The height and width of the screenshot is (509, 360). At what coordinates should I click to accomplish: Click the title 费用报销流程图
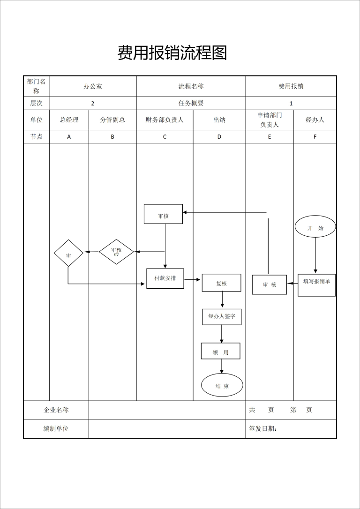172,53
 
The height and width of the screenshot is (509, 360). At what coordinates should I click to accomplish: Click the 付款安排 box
165,278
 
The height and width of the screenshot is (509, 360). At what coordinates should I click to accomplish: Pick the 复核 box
221,283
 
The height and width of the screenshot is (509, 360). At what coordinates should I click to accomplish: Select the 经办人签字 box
222,317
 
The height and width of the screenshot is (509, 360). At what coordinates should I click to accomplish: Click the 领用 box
220,351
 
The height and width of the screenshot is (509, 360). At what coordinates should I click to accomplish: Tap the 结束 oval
222,386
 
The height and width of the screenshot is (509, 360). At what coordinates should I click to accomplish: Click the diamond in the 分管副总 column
116,252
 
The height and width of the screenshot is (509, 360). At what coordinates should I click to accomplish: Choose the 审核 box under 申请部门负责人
269,284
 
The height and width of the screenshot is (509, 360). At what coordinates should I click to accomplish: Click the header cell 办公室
93,86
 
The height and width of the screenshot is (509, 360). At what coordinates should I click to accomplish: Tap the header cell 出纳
219,120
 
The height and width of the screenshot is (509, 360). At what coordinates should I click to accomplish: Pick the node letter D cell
219,137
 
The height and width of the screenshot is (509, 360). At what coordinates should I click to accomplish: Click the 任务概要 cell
191,103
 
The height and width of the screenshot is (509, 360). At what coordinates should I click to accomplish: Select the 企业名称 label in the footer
56,410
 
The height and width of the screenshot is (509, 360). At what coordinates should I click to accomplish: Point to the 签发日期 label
263,429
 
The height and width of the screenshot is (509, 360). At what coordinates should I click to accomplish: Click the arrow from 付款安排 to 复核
193,281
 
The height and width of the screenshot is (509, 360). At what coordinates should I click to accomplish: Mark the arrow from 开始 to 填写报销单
315,254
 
